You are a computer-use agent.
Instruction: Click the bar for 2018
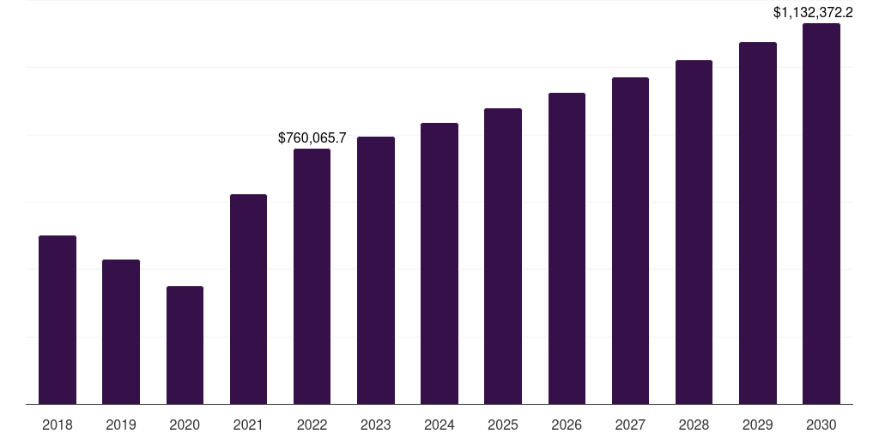pyautogui.click(x=58, y=320)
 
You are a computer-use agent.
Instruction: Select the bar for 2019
pyautogui.click(x=121, y=332)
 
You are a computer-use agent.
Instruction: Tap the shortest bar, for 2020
pyautogui.click(x=185, y=345)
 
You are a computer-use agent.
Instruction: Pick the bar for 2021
pyautogui.click(x=248, y=299)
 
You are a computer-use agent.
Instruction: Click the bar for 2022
pyautogui.click(x=312, y=276)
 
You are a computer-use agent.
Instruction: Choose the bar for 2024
pyautogui.click(x=439, y=263)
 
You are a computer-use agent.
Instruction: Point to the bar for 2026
pyautogui.click(x=567, y=248)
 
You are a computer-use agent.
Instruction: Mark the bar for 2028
pyautogui.click(x=694, y=232)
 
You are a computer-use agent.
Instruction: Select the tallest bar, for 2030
pyautogui.click(x=821, y=214)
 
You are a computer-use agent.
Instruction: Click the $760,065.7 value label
pyautogui.click(x=312, y=137)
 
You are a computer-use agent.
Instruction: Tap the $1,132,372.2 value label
pyautogui.click(x=813, y=12)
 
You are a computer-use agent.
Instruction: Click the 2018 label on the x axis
pyautogui.click(x=58, y=425)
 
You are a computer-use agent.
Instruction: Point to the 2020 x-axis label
pyautogui.click(x=185, y=425)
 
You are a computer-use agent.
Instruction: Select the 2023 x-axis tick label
pyautogui.click(x=376, y=425)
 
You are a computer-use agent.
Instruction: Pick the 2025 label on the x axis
pyautogui.click(x=503, y=425)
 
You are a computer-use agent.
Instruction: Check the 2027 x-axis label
pyautogui.click(x=630, y=425)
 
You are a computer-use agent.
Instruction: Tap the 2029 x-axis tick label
pyautogui.click(x=758, y=425)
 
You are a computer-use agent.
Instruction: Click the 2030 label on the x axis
pyautogui.click(x=821, y=425)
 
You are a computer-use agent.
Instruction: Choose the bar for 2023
pyautogui.click(x=376, y=270)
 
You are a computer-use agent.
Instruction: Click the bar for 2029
pyautogui.click(x=758, y=223)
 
